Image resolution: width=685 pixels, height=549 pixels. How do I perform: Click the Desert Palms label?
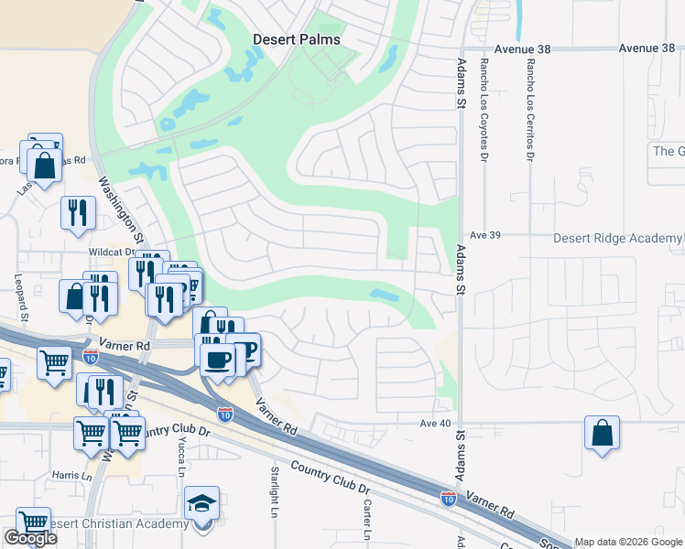(x=297, y=39)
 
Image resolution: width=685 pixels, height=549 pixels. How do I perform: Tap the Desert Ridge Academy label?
(x=618, y=238)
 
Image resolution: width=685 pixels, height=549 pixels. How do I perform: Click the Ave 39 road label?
(x=483, y=235)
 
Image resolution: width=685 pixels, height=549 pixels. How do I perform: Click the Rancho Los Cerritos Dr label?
(x=529, y=109)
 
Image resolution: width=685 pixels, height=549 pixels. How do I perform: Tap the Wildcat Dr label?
(x=112, y=252)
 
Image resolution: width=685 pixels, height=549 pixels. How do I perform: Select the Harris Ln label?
(x=72, y=476)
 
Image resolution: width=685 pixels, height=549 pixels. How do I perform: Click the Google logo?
(x=30, y=538)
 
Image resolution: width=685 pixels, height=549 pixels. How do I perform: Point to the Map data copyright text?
(x=628, y=542)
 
